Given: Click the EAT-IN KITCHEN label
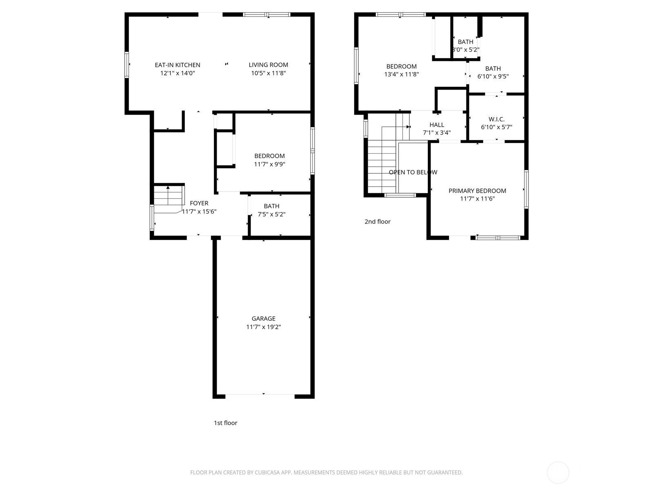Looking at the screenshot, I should tap(178, 65).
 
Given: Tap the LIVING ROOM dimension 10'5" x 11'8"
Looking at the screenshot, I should tap(268, 73).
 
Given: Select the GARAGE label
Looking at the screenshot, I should tap(263, 319).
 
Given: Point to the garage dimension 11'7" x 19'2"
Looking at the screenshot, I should tap(263, 327).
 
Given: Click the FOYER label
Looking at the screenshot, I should tap(199, 203).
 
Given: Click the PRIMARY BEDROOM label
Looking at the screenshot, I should tap(477, 191).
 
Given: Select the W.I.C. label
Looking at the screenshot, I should tap(496, 119).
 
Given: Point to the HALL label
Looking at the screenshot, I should tap(436, 125).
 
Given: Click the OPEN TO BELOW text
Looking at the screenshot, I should tap(413, 172).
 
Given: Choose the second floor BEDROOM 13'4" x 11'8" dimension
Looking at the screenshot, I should tap(401, 75).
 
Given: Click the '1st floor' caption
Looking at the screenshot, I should tap(225, 423).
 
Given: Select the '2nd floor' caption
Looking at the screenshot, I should tap(377, 222).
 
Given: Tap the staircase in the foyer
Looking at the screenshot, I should tap(168, 198).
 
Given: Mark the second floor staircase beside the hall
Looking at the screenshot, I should tap(382, 165).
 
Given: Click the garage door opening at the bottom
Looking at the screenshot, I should tap(260, 394).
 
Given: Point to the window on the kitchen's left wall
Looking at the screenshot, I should tap(127, 64).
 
